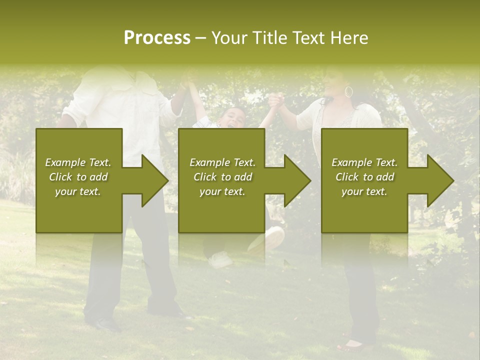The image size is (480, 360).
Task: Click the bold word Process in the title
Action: tap(157, 38)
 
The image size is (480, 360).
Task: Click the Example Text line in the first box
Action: tap(78, 162)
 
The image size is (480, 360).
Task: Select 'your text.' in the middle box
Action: tap(222, 191)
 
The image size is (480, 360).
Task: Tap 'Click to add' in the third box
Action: tap(364, 177)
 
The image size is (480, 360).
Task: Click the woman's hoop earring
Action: tap(348, 92)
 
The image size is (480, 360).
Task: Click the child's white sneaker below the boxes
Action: tap(220, 259)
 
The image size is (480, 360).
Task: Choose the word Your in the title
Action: tap(229, 38)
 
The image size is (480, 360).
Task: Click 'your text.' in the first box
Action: tap(78, 191)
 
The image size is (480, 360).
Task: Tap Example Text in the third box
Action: tap(364, 162)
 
